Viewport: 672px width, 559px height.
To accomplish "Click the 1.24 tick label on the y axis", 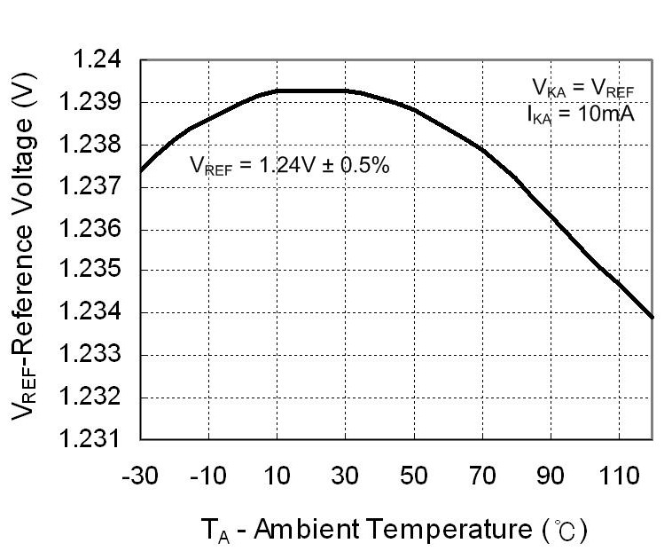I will tap(99, 61).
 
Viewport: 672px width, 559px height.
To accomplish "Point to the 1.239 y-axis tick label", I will tap(93, 103).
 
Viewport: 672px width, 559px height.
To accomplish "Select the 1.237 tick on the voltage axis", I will tap(93, 187).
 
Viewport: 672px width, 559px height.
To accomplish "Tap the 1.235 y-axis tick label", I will tap(93, 272).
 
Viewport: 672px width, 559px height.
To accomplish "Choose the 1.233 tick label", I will tap(93, 355).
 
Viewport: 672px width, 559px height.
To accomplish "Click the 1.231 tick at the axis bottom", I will tap(93, 439).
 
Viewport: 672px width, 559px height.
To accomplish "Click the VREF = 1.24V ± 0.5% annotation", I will tap(290, 166).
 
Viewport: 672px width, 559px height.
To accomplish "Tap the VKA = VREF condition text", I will tap(582, 88).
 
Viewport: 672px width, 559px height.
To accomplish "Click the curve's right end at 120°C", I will tap(653, 317).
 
